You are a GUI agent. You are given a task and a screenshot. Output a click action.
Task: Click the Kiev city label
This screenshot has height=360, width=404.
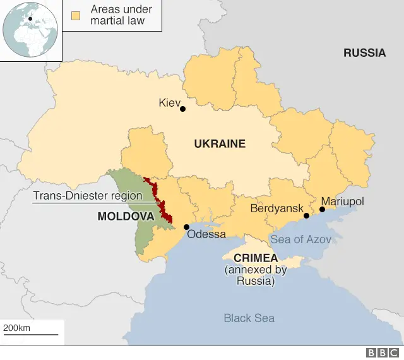pos(169,102)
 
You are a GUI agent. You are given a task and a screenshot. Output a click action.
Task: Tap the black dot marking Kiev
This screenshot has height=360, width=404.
pos(183,109)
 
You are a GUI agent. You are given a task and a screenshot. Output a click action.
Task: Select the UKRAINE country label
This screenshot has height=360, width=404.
pos(219,144)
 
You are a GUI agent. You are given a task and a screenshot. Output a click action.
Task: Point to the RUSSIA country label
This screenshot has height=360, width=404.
pos(364,53)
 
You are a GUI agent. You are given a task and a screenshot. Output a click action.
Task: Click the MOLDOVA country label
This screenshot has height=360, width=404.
pos(126,216)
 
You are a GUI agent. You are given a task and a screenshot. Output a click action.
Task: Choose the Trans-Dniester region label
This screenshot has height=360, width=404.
pos(87,196)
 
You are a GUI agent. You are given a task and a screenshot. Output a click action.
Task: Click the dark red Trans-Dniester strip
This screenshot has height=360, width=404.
pos(163,206)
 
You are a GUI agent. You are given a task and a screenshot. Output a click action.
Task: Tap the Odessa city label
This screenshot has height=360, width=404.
pos(206,234)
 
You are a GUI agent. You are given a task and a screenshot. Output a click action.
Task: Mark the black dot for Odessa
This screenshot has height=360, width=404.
pos(186,227)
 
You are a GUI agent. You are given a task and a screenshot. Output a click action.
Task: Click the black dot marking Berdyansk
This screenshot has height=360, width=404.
pos(306,215)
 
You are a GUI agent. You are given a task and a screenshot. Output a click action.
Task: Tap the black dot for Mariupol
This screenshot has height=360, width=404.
pos(322,209)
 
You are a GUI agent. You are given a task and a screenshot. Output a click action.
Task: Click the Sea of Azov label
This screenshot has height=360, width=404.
pos(300,239)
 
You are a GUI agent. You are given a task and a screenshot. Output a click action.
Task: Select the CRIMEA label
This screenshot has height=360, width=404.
pos(255,258)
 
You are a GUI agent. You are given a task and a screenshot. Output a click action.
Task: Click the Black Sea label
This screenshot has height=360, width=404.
pos(249,318)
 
